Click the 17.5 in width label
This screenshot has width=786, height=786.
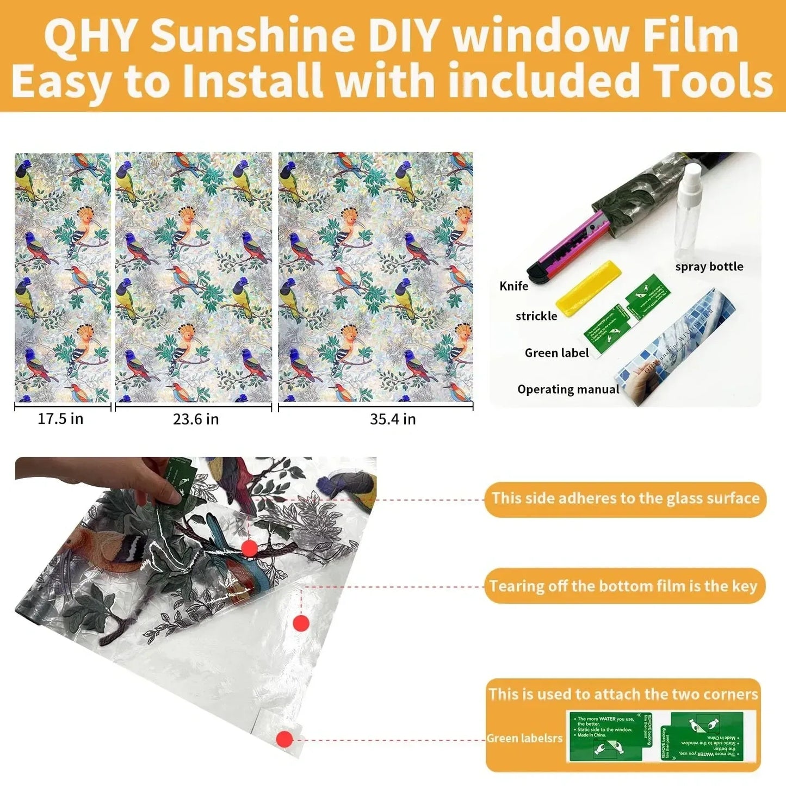point(60,419)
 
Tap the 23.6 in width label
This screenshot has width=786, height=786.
point(196,419)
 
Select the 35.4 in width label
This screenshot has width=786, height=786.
point(393,419)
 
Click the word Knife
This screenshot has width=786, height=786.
point(513,286)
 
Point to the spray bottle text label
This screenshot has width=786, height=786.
point(709,267)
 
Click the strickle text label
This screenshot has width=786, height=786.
point(536,316)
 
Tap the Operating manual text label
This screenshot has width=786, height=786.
point(568,389)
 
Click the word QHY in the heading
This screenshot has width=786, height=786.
point(90,35)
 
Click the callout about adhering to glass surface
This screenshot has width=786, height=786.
point(625,499)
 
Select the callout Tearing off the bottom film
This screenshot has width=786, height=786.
point(624,586)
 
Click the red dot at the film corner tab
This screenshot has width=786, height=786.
point(284,739)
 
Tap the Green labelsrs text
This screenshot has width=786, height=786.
point(524,738)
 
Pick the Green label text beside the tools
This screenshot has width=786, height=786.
point(556,353)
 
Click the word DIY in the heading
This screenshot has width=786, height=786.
point(402,35)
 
